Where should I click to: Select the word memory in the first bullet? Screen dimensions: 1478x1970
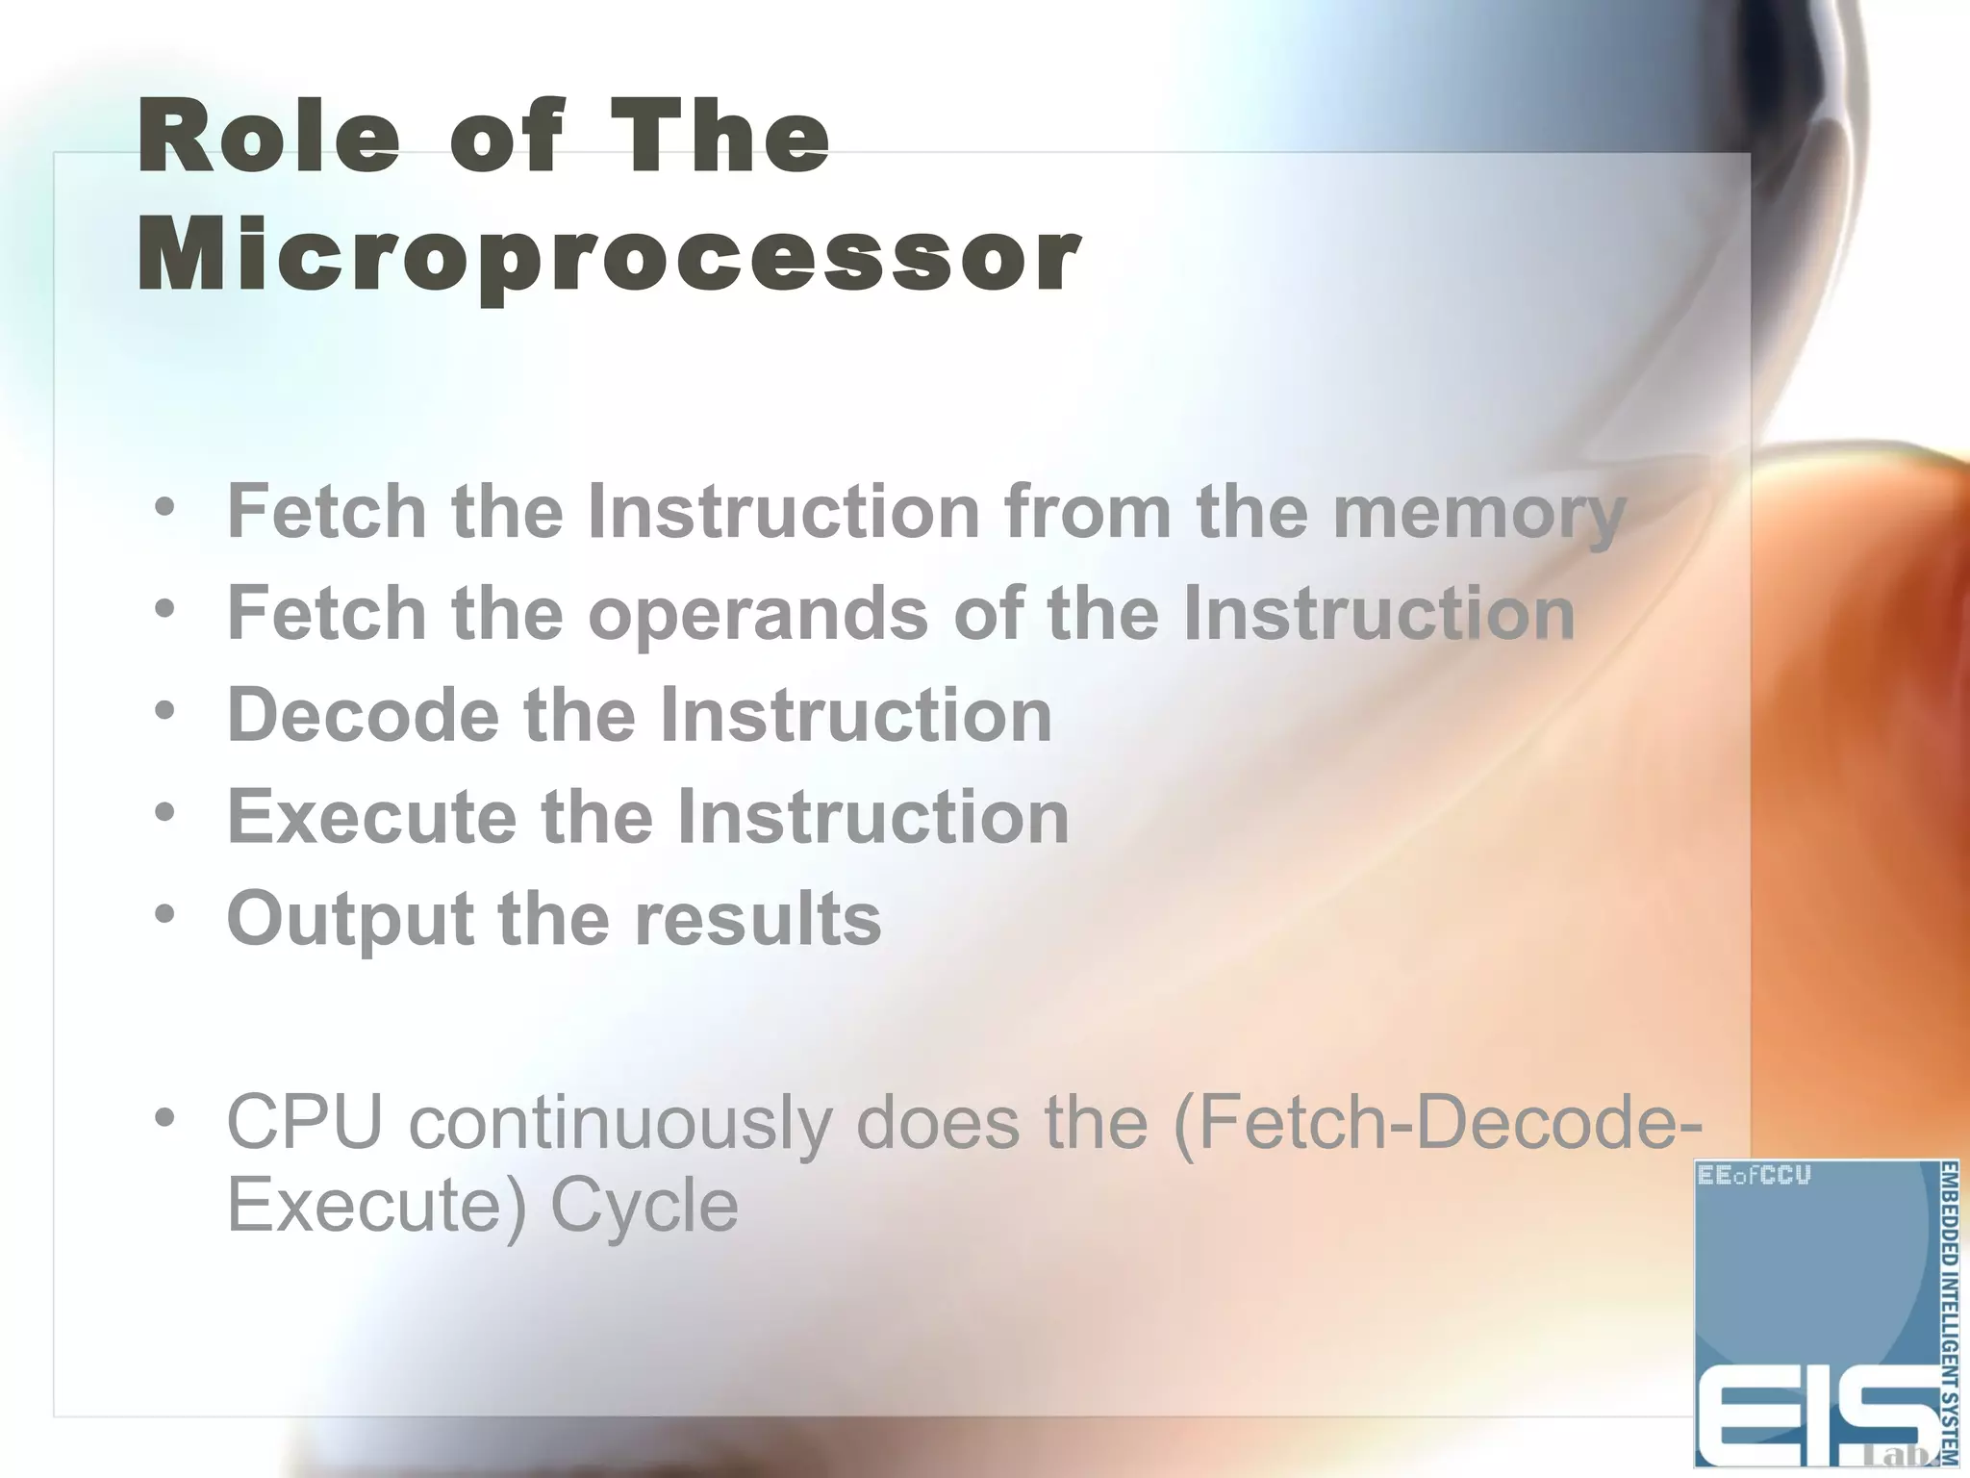1478,512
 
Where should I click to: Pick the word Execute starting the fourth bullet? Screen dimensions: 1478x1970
371,817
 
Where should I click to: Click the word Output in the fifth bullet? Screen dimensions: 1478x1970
350,919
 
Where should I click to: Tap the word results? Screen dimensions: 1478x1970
757,919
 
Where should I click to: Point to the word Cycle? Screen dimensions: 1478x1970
644,1205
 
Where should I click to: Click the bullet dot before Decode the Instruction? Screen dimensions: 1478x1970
165,711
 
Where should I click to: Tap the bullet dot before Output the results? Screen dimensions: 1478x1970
165,915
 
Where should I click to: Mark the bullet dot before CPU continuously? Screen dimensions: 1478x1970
165,1118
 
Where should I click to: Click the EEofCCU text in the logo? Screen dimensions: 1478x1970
1755,1176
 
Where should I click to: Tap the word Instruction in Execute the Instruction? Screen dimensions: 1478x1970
872,817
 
